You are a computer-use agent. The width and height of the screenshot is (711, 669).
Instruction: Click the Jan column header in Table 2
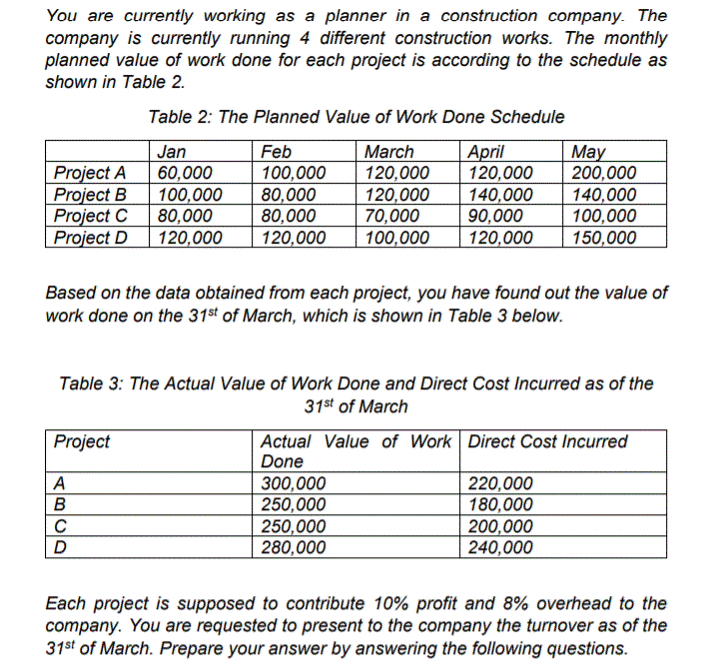172,152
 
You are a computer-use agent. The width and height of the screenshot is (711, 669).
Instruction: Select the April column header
485,152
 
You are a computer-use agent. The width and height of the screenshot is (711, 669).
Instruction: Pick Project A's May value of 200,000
602,172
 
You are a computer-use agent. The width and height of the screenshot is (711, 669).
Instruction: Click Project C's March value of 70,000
392,215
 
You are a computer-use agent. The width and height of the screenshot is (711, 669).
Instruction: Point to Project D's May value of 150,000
602,237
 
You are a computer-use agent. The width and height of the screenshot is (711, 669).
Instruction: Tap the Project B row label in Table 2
90,194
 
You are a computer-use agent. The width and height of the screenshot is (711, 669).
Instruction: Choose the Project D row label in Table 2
90,237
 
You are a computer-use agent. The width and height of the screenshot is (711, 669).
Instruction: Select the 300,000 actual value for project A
293,484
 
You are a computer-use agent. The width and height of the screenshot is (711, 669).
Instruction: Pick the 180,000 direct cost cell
500,505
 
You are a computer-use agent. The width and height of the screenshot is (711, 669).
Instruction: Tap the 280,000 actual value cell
293,547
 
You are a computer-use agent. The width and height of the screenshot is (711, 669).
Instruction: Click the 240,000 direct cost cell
500,547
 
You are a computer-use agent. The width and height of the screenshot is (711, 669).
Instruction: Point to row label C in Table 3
61,526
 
